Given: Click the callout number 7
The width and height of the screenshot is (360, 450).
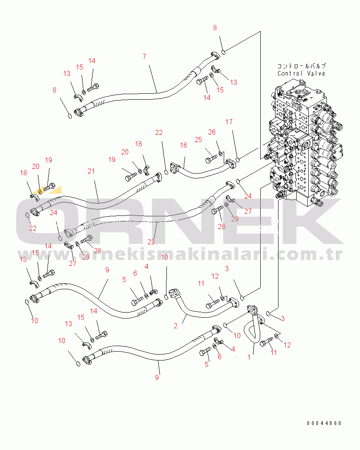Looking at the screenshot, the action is [x=144, y=56].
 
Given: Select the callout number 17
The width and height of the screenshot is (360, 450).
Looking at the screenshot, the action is [x=229, y=122].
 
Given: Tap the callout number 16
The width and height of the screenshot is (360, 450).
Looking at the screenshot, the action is [x=183, y=145].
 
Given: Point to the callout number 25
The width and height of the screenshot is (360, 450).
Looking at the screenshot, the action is [x=198, y=140].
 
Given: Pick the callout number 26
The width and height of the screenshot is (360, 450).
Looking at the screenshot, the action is [x=212, y=132].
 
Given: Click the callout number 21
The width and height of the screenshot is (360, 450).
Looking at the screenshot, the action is [x=91, y=171].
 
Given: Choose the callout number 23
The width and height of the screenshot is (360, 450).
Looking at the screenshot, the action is [x=151, y=242].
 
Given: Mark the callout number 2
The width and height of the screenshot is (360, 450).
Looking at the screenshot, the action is [x=176, y=326].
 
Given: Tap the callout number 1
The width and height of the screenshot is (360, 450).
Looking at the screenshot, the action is [x=249, y=357].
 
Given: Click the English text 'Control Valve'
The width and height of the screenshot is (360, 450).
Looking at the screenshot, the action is [x=301, y=73].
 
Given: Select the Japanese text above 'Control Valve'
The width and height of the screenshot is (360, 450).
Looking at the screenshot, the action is [x=301, y=66].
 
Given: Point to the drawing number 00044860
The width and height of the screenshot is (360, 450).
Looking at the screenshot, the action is [x=324, y=423].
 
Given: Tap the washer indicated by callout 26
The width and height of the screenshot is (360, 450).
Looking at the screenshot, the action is [x=221, y=154].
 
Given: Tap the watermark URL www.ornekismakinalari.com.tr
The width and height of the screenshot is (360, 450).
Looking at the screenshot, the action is [x=180, y=254].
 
